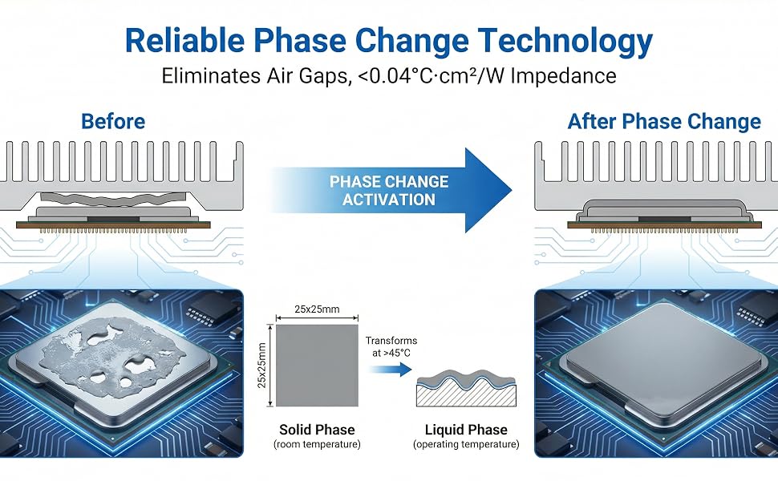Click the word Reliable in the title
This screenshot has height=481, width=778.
point(184,40)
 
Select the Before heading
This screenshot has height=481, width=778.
point(113,122)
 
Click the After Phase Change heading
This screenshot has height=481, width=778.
point(664,122)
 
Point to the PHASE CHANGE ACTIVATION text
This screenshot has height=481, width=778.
point(389,191)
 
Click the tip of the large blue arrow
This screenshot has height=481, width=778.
point(512,191)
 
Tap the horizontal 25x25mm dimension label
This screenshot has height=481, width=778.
point(317,309)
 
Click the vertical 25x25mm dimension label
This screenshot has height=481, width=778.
point(262,366)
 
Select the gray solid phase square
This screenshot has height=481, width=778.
point(317,366)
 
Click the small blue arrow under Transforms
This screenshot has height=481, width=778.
point(391,370)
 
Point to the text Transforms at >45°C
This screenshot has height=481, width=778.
point(391,346)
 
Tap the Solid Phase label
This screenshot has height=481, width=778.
point(317,430)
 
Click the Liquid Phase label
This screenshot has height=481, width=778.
point(466,430)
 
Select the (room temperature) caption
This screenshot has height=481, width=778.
point(317,444)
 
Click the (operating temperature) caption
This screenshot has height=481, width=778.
point(466,444)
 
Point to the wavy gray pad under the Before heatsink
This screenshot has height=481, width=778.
point(113,200)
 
